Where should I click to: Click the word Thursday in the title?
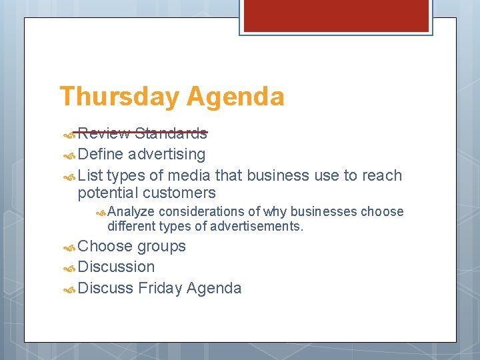(x=120, y=97)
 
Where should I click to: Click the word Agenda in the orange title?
(x=235, y=97)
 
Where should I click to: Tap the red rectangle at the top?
(x=336, y=15)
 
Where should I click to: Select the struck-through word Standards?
(x=171, y=133)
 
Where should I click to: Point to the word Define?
(x=100, y=154)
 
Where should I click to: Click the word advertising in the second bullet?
(x=167, y=155)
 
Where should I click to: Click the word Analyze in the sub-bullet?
(x=131, y=211)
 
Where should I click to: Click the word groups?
(x=161, y=246)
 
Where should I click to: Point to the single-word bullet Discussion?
(x=116, y=267)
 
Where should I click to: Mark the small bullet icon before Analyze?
(x=100, y=212)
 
